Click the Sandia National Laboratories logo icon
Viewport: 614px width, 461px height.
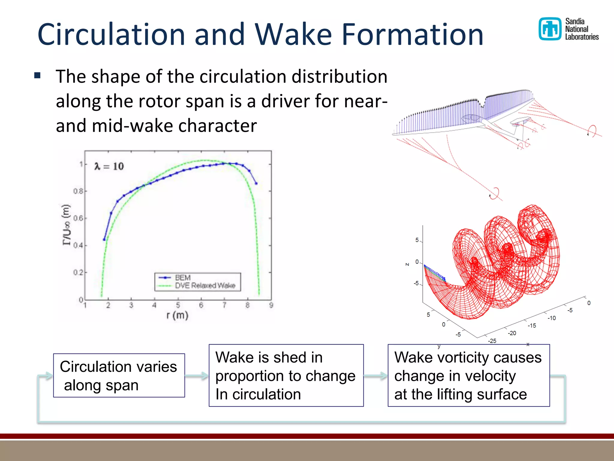pyautogui.click(x=550, y=29)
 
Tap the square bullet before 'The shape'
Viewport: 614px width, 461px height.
pyautogui.click(x=37, y=75)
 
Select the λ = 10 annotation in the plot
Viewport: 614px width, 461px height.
pyautogui.click(x=109, y=166)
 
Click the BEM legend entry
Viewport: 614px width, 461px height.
pyautogui.click(x=182, y=277)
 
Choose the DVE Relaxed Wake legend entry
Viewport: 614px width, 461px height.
pyautogui.click(x=205, y=285)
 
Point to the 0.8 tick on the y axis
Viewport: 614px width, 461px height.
pyautogui.click(x=79, y=191)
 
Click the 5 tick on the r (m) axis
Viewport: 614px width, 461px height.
pyautogui.click(x=178, y=306)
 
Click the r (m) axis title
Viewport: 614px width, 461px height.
pyautogui.click(x=177, y=315)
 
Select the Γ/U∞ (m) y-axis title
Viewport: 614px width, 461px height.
pyautogui.click(x=67, y=224)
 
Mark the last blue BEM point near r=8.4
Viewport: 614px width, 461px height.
pyautogui.click(x=256, y=183)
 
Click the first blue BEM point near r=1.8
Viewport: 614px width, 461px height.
pyautogui.click(x=104, y=240)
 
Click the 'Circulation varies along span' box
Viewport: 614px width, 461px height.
pyautogui.click(x=119, y=375)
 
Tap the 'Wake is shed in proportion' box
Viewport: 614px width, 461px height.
pyautogui.click(x=286, y=375)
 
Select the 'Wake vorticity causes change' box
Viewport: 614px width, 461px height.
pyautogui.click(x=468, y=375)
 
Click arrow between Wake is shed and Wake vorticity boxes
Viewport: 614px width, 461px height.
pyautogui.click(x=376, y=375)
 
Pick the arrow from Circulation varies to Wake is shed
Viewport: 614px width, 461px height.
pyautogui.click(x=197, y=375)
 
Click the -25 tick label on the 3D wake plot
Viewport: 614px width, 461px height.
pyautogui.click(x=492, y=341)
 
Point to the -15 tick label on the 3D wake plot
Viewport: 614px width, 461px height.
pyautogui.click(x=532, y=326)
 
